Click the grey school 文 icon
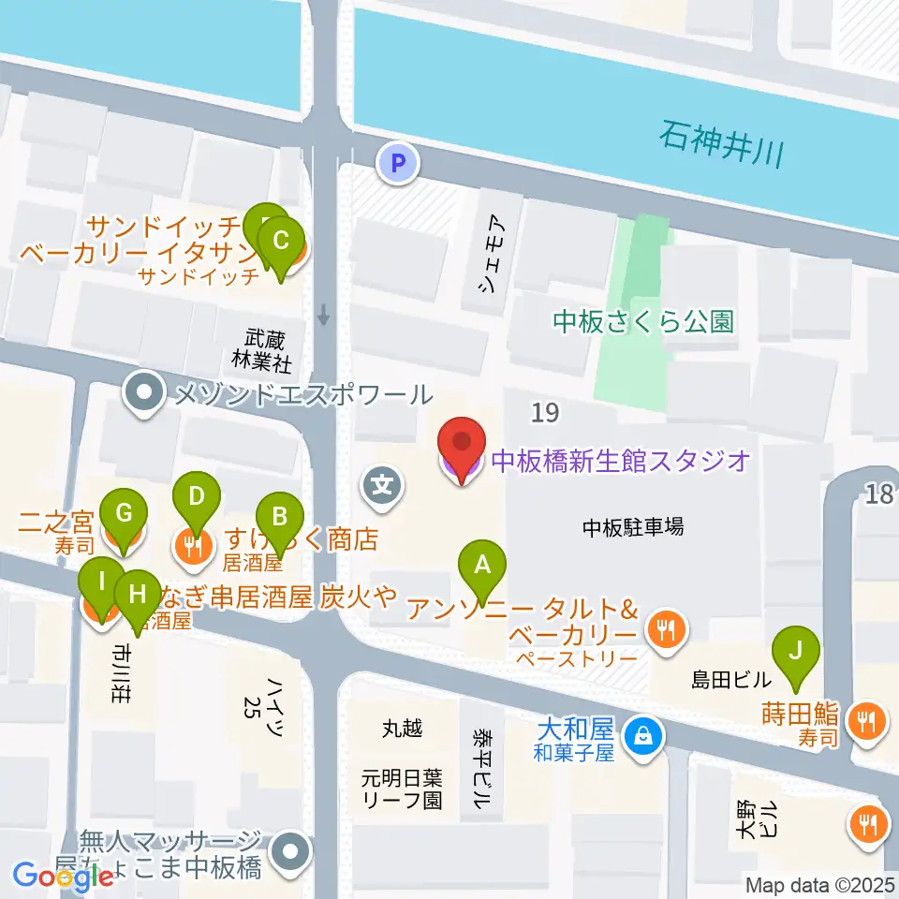(384, 486)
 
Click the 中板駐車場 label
(633, 526)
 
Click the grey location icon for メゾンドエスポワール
(145, 393)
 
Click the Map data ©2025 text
(819, 884)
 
